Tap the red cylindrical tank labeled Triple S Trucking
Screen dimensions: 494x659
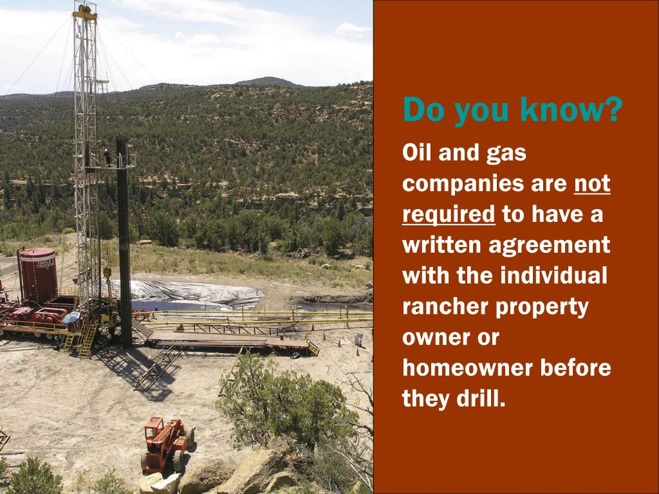point(37,275)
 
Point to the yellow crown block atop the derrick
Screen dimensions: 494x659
point(85,11)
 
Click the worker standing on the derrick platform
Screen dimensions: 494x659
point(106,156)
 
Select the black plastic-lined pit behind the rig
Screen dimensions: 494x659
point(193,293)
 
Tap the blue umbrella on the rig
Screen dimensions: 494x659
point(71,317)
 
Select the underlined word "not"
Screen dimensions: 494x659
point(591,184)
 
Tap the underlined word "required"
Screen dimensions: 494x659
point(448,214)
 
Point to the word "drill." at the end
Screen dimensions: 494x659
point(477,398)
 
